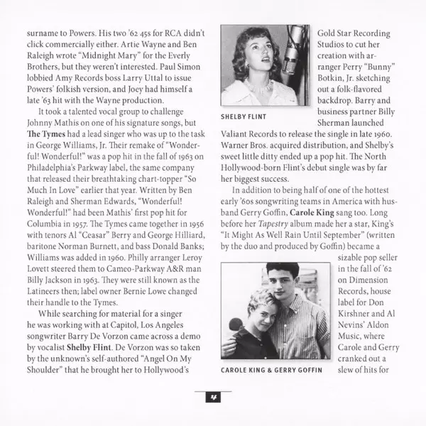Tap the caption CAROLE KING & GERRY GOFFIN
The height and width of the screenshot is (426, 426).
click(273, 370)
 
